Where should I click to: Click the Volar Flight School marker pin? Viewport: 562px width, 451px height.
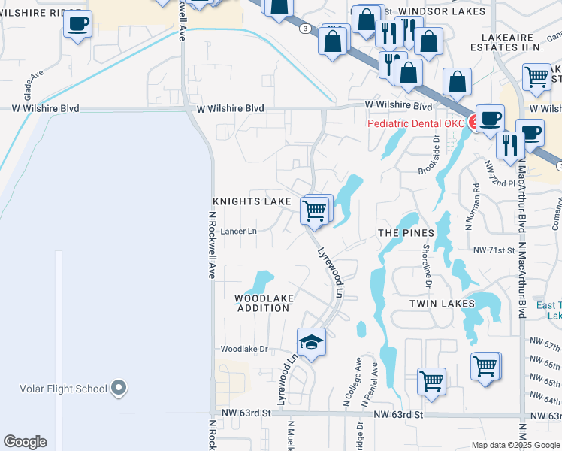pos(118,388)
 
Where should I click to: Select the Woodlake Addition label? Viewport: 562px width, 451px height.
pos(264,303)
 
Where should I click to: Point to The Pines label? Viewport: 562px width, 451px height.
pos(406,233)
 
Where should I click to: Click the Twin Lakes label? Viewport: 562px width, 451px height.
pos(442,303)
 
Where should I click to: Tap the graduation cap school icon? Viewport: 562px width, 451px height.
pos(311,343)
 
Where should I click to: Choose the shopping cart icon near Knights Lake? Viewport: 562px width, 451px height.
pos(316,209)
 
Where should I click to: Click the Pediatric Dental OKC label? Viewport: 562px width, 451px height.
pos(417,123)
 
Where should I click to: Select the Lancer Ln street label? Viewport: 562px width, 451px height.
pos(239,232)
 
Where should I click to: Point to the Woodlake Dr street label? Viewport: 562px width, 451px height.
pos(243,349)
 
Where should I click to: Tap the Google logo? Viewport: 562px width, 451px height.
pos(25,442)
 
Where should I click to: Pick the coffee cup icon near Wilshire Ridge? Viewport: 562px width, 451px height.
pos(77,24)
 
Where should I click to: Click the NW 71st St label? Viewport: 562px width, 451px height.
pos(492,249)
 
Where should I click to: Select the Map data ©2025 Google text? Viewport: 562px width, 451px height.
pos(514,445)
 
